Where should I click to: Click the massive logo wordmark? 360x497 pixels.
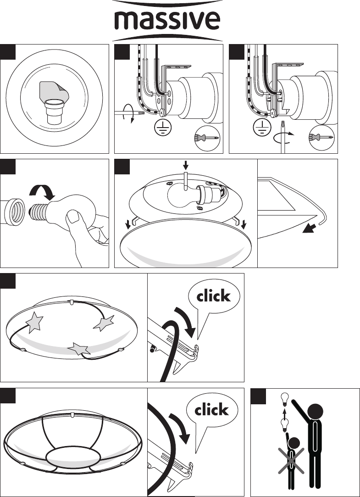167,21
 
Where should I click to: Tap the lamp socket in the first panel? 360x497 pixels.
55,111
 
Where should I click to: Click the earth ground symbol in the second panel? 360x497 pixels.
163,128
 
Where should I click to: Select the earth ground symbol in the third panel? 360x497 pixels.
262,128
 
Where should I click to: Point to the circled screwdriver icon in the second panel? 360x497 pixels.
207,138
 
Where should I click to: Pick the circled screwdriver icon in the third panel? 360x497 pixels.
321,138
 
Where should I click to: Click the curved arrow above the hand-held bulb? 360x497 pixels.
43,191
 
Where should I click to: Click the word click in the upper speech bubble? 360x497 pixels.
213,296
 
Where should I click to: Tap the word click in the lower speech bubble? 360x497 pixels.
211,409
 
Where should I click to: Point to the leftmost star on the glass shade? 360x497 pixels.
34,322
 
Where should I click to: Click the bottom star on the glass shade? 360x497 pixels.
79,349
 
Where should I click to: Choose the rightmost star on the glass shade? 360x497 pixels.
104,323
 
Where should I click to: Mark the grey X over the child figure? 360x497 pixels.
291,461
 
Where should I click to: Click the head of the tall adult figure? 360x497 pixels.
315,412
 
